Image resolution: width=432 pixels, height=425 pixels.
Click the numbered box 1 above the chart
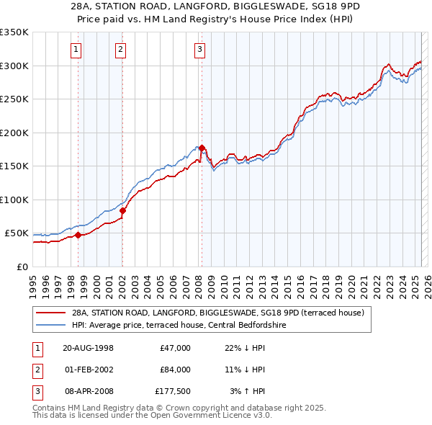(x=76, y=50)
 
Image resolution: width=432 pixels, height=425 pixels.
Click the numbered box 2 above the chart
(x=120, y=50)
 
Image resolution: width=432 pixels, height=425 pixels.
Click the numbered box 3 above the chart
(x=199, y=50)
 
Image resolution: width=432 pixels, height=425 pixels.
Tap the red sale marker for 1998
(x=78, y=235)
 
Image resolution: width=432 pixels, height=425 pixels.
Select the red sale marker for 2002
(x=122, y=210)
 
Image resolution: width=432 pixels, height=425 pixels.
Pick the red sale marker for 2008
(x=202, y=148)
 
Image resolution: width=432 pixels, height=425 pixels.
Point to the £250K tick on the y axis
(x=14, y=99)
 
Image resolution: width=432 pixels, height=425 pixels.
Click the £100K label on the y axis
(x=14, y=200)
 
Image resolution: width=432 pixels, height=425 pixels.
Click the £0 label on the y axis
(x=22, y=267)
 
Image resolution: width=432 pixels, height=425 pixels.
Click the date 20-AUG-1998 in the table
(x=88, y=348)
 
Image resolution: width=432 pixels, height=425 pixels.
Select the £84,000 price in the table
(x=175, y=370)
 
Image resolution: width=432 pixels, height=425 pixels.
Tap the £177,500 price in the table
(x=173, y=391)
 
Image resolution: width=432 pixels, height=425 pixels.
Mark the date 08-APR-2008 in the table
(x=88, y=391)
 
